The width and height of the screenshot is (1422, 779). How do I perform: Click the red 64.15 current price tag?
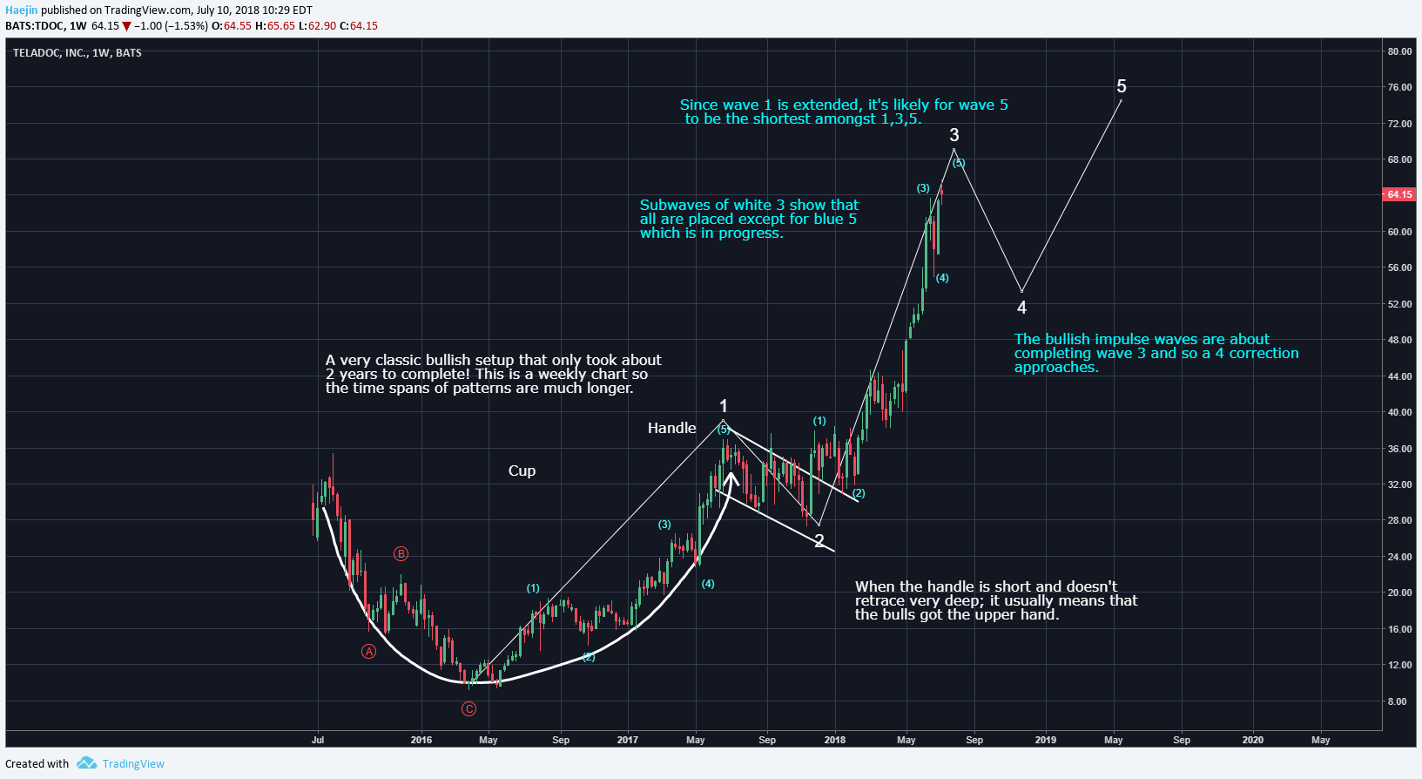point(1399,194)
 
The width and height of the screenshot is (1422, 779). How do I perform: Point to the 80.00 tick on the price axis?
point(1399,51)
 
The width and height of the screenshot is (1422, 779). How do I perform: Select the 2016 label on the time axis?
point(421,740)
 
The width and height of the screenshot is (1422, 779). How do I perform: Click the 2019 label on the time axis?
point(1046,740)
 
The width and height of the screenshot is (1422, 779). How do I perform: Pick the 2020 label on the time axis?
point(1253,740)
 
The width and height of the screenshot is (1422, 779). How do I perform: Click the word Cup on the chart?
point(522,471)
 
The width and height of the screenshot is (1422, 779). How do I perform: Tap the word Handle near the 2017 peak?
point(671,428)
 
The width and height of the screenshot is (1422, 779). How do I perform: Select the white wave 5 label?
point(1122,86)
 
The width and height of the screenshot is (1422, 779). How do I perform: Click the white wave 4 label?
point(1021,308)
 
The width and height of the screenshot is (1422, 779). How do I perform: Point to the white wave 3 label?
point(954,135)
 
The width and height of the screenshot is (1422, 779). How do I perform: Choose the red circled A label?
point(369,652)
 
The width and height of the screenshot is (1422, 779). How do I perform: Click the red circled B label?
point(401,554)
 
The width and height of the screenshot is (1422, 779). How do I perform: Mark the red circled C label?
point(468,709)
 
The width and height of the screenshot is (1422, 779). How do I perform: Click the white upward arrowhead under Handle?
point(731,478)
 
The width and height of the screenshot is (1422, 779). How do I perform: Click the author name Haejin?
point(22,10)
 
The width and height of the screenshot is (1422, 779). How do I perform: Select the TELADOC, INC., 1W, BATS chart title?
point(78,53)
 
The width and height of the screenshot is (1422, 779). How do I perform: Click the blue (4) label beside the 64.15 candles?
point(942,278)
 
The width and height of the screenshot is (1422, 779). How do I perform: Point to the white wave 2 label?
point(819,541)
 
